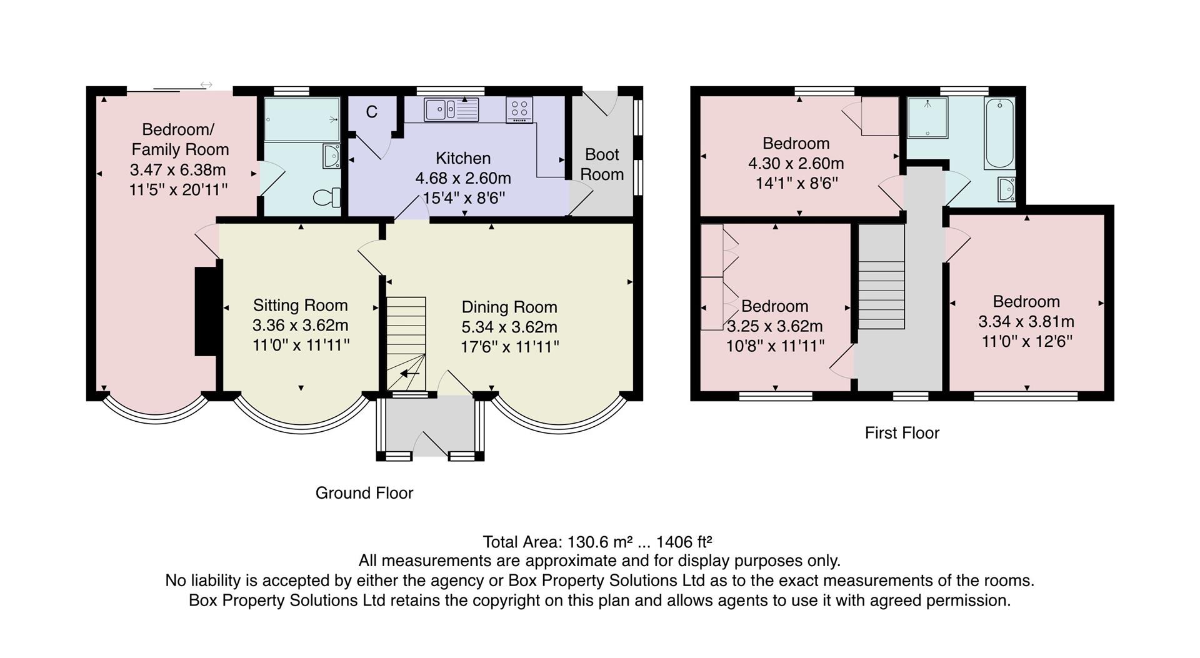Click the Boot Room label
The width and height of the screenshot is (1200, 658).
click(x=602, y=164)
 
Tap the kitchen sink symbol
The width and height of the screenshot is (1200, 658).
click(x=451, y=110)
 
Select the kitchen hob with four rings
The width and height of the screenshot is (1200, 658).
click(x=519, y=110)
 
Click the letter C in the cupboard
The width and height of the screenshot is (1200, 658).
click(x=372, y=112)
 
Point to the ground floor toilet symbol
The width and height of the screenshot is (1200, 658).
click(x=326, y=197)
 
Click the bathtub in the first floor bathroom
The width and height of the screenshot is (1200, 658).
click(x=999, y=132)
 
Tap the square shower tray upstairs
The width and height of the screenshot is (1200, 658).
click(x=927, y=117)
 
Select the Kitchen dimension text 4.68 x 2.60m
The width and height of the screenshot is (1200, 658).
click(x=463, y=178)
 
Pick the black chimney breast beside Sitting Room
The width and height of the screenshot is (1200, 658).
click(x=206, y=311)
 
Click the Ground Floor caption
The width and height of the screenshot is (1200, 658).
click(x=364, y=493)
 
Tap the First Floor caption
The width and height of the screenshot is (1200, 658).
click(x=902, y=432)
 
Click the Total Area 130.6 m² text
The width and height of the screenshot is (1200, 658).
click(x=597, y=541)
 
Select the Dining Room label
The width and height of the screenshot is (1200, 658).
click(x=509, y=307)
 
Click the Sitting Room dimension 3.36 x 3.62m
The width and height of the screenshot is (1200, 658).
click(x=300, y=325)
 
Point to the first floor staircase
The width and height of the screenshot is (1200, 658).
click(x=881, y=278)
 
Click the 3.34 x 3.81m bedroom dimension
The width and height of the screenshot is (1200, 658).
click(x=1026, y=321)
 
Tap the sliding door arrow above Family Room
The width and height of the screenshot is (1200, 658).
click(x=206, y=84)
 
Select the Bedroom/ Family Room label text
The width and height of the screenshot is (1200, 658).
click(x=179, y=139)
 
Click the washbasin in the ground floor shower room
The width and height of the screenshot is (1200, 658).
click(x=331, y=156)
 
